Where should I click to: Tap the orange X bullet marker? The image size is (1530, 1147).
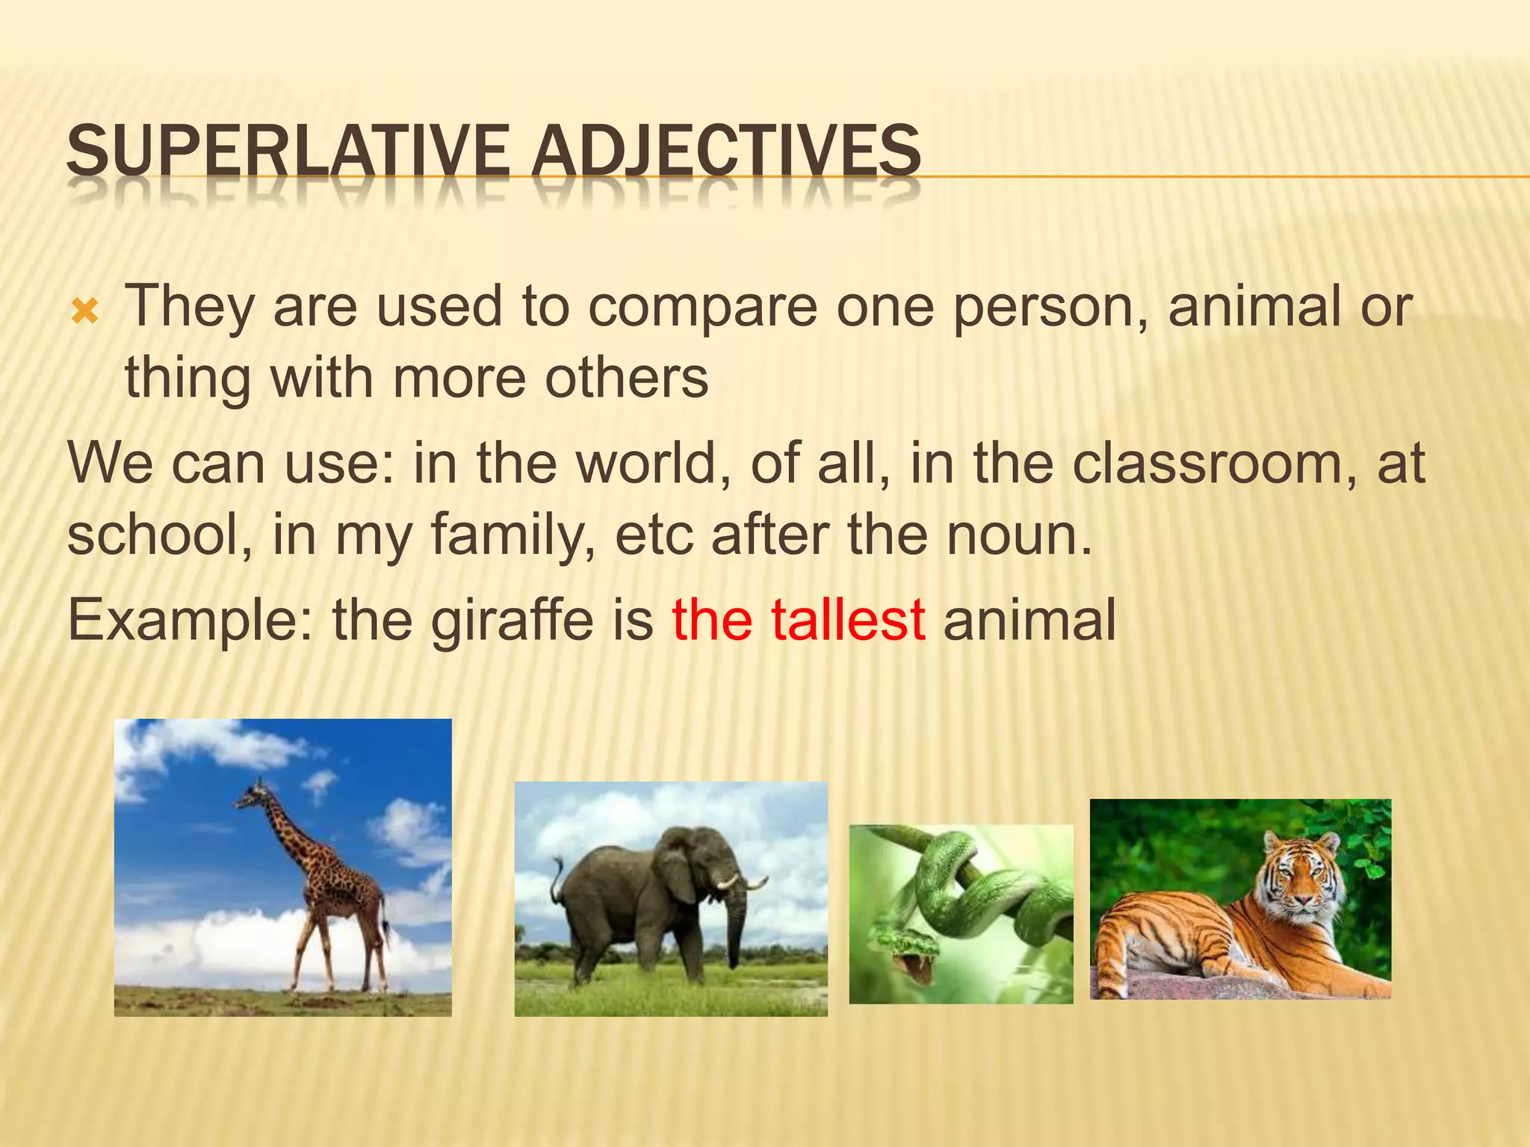84,311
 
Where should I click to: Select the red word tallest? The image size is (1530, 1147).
848,620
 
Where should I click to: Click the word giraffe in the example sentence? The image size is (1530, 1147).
512,620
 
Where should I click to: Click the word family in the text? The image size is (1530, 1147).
512,535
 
